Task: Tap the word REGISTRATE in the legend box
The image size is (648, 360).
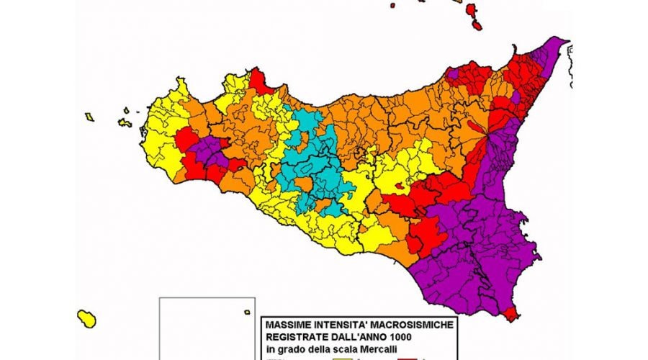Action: [x=294, y=337]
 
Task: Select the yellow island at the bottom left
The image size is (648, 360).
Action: [x=87, y=318]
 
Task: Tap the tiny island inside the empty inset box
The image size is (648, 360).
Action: [x=238, y=312]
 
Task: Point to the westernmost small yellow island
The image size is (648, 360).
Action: [x=89, y=117]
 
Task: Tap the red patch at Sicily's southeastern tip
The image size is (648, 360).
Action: [x=512, y=314]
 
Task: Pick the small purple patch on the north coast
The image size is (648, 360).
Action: [x=452, y=73]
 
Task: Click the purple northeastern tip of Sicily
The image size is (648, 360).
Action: [x=551, y=50]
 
